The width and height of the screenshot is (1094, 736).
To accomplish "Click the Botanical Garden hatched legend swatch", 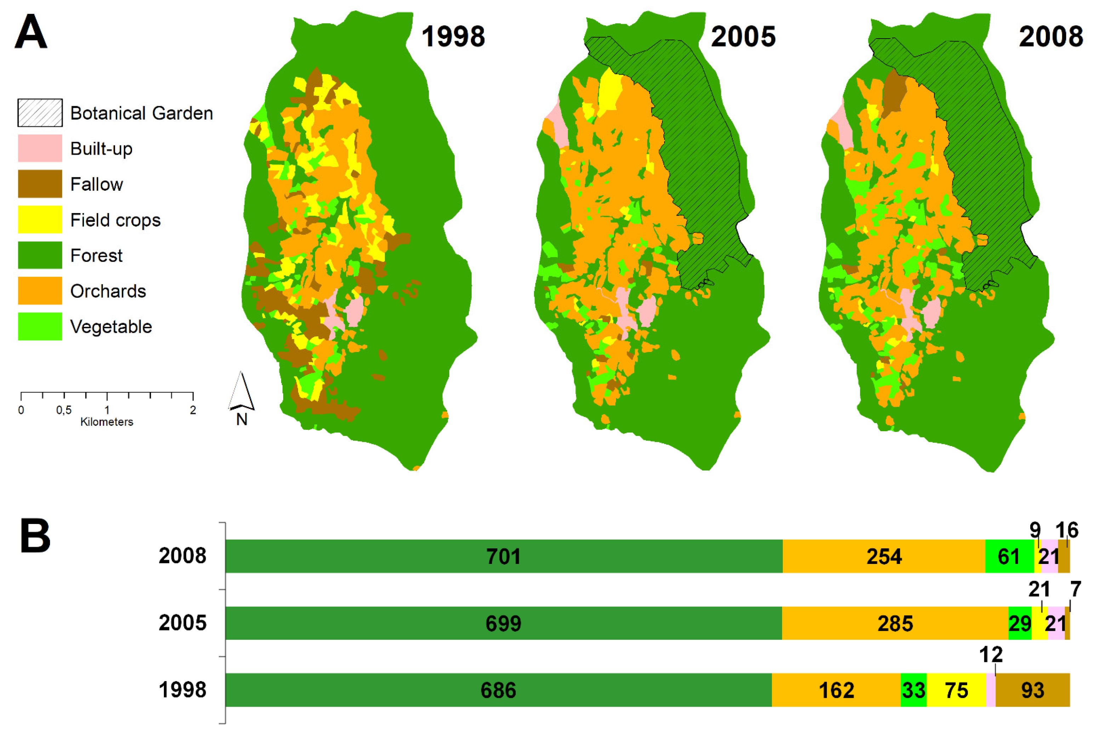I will click(40, 113).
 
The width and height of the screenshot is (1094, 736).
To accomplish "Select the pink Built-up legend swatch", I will click(40, 148).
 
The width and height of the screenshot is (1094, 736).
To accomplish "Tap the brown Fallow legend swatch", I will click(40, 184).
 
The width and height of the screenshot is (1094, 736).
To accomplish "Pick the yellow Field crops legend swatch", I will click(40, 220).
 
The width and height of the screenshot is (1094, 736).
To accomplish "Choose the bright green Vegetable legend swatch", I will click(40, 326).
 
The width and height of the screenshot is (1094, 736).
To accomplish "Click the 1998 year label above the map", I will click(453, 36).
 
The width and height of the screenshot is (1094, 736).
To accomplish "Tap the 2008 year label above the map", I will click(1051, 36).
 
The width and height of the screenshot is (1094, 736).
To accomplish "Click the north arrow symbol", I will click(241, 392).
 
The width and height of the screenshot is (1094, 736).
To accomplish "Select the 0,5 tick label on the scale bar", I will click(64, 410).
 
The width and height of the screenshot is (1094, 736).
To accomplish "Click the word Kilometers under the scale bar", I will click(107, 422).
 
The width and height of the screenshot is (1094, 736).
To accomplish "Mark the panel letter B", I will click(35, 536).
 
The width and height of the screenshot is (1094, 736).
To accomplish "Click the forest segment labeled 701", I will click(503, 556).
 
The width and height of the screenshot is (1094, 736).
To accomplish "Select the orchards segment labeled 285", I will click(895, 623).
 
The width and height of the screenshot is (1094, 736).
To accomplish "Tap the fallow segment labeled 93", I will click(1032, 690).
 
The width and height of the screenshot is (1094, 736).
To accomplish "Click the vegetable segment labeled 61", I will click(1009, 556).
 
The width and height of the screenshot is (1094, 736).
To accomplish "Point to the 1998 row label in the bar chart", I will click(183, 690).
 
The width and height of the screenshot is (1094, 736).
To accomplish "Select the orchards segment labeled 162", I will click(836, 690).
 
